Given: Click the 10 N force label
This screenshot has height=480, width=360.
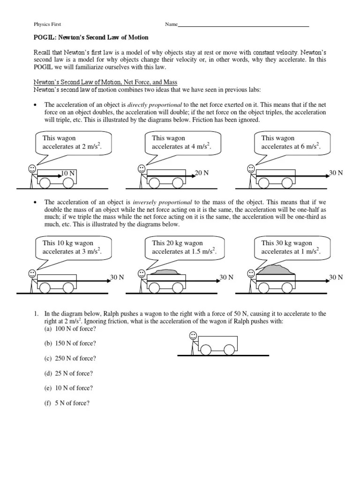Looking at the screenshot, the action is [x=68, y=173].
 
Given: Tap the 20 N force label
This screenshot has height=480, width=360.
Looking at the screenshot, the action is [x=202, y=172].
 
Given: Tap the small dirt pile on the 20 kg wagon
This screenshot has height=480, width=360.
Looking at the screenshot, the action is [x=166, y=272].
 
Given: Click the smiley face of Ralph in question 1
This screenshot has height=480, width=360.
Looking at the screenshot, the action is [x=193, y=336].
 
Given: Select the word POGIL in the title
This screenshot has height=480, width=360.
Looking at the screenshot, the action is [x=45, y=37].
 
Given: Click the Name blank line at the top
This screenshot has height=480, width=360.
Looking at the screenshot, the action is [x=243, y=27].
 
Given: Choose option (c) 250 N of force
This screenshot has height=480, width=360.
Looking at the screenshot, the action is [x=70, y=358].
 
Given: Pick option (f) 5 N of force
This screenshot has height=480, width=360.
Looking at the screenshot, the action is [x=67, y=403].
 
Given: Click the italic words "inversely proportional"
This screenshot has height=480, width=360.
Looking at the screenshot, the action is [x=162, y=202].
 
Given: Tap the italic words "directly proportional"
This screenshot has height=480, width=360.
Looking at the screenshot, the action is [x=155, y=105].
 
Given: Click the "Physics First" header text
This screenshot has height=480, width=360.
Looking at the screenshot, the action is [x=47, y=24].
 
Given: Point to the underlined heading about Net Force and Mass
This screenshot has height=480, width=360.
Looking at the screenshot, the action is [x=105, y=82].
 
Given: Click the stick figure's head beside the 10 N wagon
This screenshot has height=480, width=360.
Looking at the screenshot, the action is [x=32, y=168].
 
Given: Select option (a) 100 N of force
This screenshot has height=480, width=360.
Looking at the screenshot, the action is [x=70, y=329].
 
